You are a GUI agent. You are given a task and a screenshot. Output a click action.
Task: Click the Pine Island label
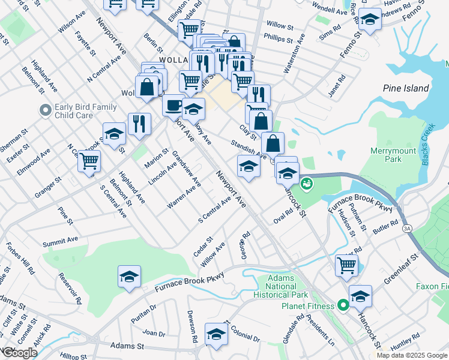406,88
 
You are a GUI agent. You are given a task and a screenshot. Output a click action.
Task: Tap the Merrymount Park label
394,155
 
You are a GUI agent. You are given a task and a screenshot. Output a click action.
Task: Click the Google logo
19,352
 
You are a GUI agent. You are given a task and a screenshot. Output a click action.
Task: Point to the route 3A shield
408,229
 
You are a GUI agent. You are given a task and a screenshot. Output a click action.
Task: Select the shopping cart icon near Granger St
89,160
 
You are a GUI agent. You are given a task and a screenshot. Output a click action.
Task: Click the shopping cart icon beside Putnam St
347,264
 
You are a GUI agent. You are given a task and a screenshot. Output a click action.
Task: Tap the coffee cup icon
173,104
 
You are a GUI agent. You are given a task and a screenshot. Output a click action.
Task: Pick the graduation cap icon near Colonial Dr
216,334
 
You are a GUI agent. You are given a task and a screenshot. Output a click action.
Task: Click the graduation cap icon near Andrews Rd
370,20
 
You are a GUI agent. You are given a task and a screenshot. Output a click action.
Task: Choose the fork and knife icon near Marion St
139,124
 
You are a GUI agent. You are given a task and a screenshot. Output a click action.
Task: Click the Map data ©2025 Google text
411,355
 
